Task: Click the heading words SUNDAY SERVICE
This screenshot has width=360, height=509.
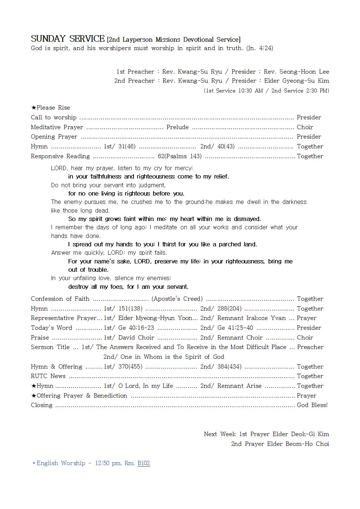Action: click(x=67, y=39)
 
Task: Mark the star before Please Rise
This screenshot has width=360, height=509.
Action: click(x=33, y=107)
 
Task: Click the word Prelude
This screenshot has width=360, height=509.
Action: click(x=177, y=127)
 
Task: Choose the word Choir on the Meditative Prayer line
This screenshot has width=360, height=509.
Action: click(x=305, y=127)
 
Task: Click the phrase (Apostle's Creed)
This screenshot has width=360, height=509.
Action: click(x=177, y=299)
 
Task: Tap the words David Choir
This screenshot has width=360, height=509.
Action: click(x=136, y=337)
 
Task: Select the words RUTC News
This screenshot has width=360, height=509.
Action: click(x=48, y=376)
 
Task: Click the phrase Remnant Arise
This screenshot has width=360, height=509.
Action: click(x=239, y=386)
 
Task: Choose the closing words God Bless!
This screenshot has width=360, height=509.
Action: click(x=312, y=405)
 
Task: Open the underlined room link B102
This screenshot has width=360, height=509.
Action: click(x=144, y=463)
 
